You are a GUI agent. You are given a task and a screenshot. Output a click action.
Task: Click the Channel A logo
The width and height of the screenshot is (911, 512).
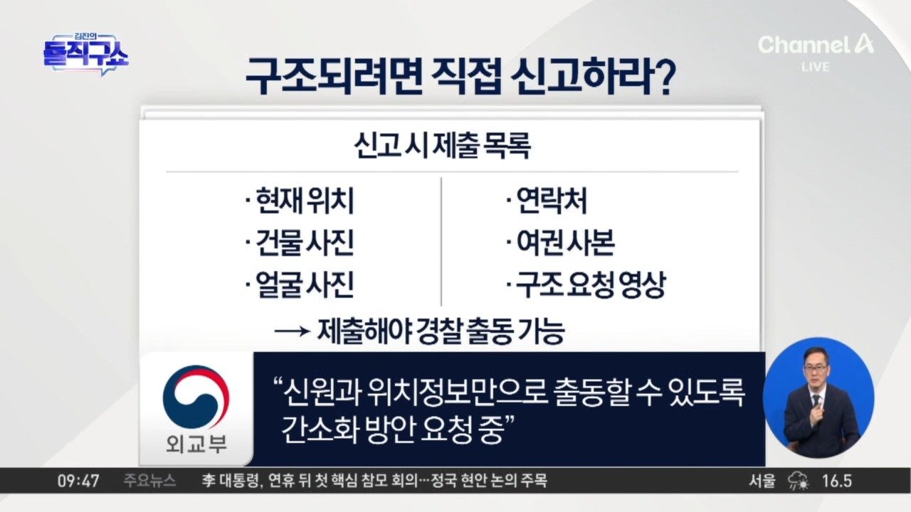point(816,45)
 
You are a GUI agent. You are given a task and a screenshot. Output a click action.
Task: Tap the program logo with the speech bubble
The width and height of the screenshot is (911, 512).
point(86,55)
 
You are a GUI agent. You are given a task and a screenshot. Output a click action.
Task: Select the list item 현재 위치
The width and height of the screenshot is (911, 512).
point(300,201)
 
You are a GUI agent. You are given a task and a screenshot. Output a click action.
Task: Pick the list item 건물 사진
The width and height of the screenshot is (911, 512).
point(300,242)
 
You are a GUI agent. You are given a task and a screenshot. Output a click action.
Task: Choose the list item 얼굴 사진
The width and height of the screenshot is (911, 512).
point(300,284)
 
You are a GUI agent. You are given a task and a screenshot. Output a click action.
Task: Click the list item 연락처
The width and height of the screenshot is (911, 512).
point(547,201)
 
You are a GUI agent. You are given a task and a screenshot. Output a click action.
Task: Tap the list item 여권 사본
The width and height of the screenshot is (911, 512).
point(561,242)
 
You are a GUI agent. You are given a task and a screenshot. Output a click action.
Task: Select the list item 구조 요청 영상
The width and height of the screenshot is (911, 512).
point(586,284)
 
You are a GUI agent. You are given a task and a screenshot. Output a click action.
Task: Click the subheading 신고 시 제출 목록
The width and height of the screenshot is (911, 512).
point(443,146)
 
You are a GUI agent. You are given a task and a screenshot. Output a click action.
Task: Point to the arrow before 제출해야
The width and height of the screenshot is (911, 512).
point(292,331)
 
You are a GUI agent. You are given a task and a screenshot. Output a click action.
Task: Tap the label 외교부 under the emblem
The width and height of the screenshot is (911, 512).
point(196,444)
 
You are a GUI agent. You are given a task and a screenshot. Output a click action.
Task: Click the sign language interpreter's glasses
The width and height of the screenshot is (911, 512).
point(816,368)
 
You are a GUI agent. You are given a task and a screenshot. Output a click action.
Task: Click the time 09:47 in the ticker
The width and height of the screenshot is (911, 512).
point(78,481)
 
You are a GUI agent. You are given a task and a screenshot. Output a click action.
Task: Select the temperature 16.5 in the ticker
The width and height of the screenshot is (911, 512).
point(836,481)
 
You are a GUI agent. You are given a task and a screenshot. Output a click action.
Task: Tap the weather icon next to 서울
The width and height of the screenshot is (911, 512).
point(799,481)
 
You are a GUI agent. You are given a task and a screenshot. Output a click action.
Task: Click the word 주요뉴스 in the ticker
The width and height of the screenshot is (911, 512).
point(149,481)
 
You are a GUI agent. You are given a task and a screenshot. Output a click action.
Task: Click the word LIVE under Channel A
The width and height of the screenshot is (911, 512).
point(816,67)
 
